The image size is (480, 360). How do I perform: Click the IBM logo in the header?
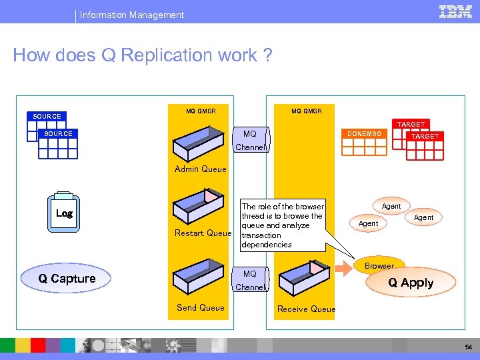tap(455, 11)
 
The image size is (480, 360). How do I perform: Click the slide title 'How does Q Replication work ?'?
tap(143, 55)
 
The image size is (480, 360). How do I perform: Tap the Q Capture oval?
tap(67, 279)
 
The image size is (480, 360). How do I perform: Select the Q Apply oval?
tap(411, 283)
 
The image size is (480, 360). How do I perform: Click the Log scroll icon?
tap(65, 213)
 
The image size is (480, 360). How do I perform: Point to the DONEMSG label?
tap(364, 134)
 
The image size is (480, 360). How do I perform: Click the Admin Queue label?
tap(200, 169)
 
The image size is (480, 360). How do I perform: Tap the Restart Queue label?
tap(203, 233)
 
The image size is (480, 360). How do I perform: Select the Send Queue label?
tap(200, 307)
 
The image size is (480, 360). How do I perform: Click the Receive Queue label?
tap(306, 309)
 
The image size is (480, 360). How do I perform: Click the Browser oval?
tap(379, 265)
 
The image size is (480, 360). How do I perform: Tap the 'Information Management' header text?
tap(132, 15)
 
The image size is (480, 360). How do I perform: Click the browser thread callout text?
tap(282, 225)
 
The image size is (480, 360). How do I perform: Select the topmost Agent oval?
tap(391, 207)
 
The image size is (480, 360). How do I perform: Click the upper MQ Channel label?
tap(251, 141)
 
